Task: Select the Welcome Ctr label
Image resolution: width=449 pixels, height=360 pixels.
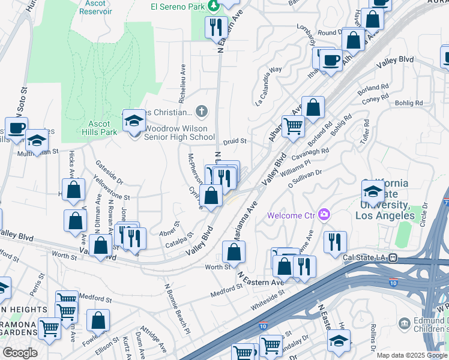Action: click(x=292, y=215)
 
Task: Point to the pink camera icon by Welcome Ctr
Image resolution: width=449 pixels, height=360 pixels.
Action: click(x=325, y=214)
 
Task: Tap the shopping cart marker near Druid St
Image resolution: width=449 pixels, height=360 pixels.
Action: click(x=293, y=127)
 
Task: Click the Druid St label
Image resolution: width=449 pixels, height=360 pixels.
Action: click(x=235, y=142)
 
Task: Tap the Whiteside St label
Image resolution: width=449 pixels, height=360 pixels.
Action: click(x=267, y=297)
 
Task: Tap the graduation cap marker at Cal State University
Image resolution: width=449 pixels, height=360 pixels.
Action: click(x=373, y=192)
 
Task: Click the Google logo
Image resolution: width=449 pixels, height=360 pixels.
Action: click(x=20, y=353)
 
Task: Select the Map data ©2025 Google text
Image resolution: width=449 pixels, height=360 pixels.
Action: click(x=412, y=355)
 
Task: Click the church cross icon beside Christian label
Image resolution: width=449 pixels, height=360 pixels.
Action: click(x=202, y=111)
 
